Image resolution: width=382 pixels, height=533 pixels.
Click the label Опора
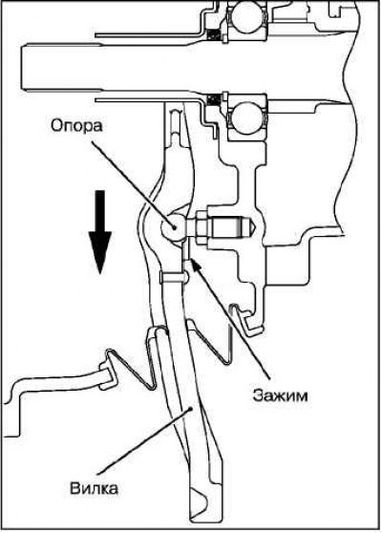point(76,126)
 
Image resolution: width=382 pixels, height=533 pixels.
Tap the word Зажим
point(280,395)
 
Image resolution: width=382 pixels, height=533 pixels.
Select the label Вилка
point(94,488)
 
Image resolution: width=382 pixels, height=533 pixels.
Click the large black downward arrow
point(100,232)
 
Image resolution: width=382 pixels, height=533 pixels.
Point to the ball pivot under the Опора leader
point(173,225)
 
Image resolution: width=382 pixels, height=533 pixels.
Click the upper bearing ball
point(247,16)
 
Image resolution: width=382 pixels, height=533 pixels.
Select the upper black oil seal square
point(213,34)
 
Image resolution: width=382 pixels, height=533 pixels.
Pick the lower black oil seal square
point(213,100)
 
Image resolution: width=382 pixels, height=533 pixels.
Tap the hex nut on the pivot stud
point(201,227)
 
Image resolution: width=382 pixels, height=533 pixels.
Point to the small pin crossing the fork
point(173,277)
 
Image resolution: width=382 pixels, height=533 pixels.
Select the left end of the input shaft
point(22,68)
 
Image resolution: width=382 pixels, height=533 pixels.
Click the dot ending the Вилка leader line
point(192,409)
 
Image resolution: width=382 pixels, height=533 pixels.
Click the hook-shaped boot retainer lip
point(244,320)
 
